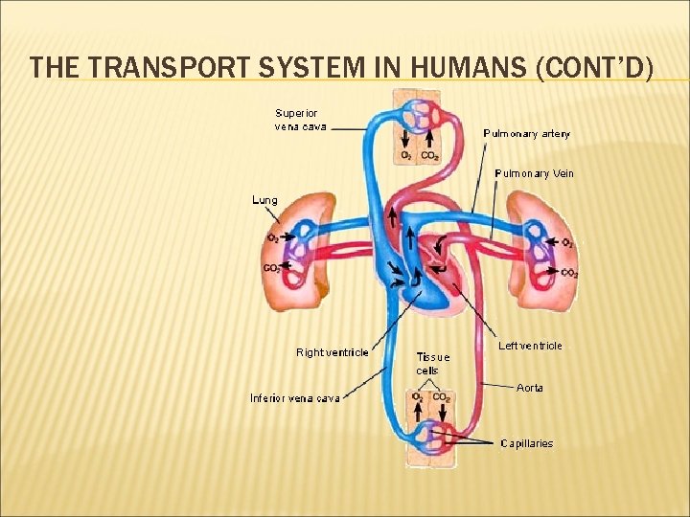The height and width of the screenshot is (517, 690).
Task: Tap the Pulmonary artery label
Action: point(526,134)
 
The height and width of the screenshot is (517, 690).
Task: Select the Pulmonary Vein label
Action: point(534,173)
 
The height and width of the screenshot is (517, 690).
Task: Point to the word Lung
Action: point(264,200)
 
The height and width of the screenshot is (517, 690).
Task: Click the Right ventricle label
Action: point(332,352)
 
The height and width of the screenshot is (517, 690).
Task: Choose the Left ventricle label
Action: point(530,346)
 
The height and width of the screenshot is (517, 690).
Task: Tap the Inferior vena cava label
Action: point(294,397)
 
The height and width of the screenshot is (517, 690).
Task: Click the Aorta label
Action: point(529,388)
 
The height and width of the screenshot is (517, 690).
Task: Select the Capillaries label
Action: point(526,443)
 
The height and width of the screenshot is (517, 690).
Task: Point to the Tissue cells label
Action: point(432,364)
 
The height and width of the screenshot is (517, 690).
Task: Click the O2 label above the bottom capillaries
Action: point(419,396)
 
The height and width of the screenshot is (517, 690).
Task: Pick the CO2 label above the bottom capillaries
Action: point(442,396)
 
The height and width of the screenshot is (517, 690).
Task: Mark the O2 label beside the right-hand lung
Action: point(568,243)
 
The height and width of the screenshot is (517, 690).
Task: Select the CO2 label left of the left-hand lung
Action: point(271,268)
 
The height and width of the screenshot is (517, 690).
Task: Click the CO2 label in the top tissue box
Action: point(430,155)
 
